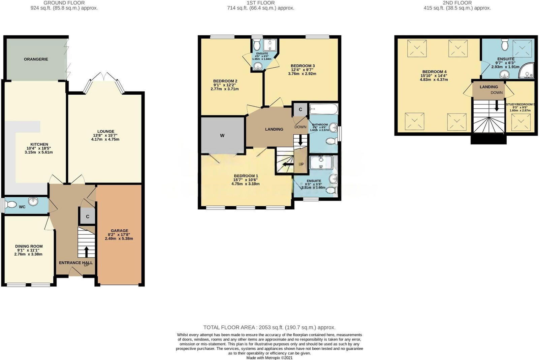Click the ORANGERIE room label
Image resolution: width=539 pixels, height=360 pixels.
(36, 59)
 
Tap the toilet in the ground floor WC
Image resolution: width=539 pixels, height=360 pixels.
(11, 204)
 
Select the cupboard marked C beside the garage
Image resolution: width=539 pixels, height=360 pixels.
(88, 217)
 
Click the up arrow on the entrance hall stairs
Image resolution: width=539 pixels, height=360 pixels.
(86, 252)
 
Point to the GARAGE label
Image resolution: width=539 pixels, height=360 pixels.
(119, 231)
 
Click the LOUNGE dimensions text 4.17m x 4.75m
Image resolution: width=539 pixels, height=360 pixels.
(105, 139)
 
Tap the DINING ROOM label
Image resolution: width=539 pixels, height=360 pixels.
(29, 246)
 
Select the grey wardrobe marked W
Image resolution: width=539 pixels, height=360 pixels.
(222, 135)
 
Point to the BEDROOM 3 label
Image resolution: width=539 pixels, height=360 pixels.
(303, 66)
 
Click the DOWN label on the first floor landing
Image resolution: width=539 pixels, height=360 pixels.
(300, 127)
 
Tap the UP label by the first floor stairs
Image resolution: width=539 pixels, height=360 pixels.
(301, 164)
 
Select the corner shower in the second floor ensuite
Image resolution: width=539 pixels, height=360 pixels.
(527, 71)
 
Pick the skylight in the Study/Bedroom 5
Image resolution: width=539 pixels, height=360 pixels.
(520, 122)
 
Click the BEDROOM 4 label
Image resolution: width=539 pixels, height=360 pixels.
(434, 72)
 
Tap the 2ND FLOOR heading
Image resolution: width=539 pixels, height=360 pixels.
(457, 3)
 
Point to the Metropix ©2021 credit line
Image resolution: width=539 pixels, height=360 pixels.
(269, 358)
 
